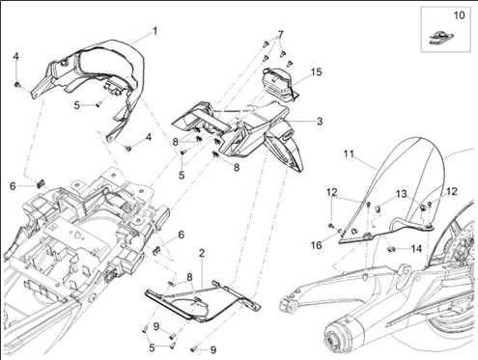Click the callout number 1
pos(155,31)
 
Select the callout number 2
pos(202,253)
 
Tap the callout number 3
pos(320,122)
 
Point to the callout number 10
pos(460,15)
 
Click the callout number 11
pos(349,154)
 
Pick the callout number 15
pos(317,71)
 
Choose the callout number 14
pos(416,248)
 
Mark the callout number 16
pos(316,245)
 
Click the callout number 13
pos(402,194)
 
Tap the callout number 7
pos(280,34)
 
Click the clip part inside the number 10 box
pos(441,38)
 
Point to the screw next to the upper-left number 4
pos(17,85)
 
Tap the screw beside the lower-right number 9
pos(194,348)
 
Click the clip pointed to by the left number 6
pos(40,184)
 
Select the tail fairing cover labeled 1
pos(94,75)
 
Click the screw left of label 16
pos(330,226)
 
